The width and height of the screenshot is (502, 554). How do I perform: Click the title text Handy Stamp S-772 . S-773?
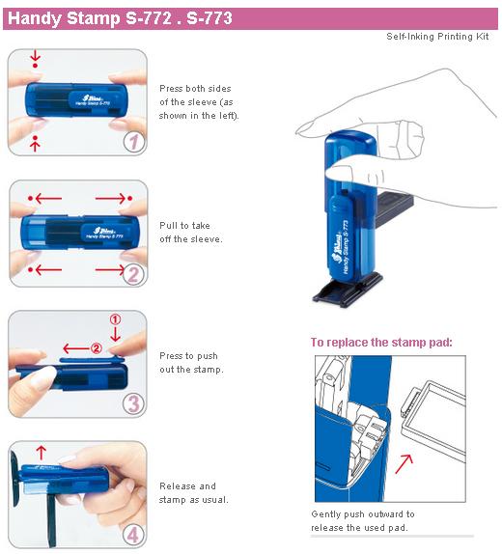(120, 18)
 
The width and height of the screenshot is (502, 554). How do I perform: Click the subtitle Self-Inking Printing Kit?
(437, 37)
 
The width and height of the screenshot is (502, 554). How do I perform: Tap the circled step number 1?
(134, 143)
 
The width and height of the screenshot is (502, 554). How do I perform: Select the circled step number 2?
(133, 274)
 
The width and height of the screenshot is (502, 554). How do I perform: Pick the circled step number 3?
(133, 404)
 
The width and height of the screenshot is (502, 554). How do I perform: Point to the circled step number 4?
(133, 535)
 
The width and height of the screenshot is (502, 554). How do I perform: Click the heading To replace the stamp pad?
(381, 342)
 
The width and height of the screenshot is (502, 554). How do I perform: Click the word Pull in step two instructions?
(168, 226)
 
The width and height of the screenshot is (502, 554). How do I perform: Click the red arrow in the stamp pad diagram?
(404, 464)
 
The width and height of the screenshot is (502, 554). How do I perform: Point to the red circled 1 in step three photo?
(115, 319)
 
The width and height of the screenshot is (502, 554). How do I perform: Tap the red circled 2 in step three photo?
(97, 348)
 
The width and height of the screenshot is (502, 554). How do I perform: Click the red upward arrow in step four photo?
(41, 453)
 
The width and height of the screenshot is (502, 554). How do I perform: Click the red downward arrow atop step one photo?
(36, 59)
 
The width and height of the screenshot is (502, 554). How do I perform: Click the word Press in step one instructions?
(171, 89)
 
